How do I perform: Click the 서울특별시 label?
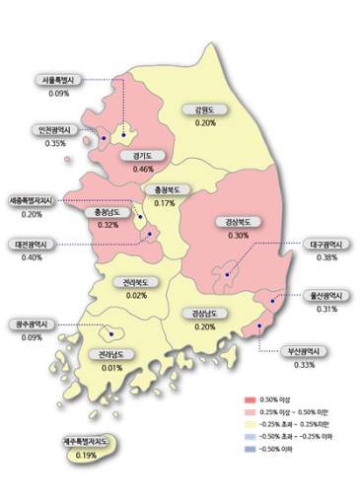(57, 79)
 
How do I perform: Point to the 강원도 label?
(205, 109)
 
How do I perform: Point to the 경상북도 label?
(238, 222)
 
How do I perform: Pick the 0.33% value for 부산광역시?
(304, 364)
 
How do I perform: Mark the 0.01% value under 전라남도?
(111, 367)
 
